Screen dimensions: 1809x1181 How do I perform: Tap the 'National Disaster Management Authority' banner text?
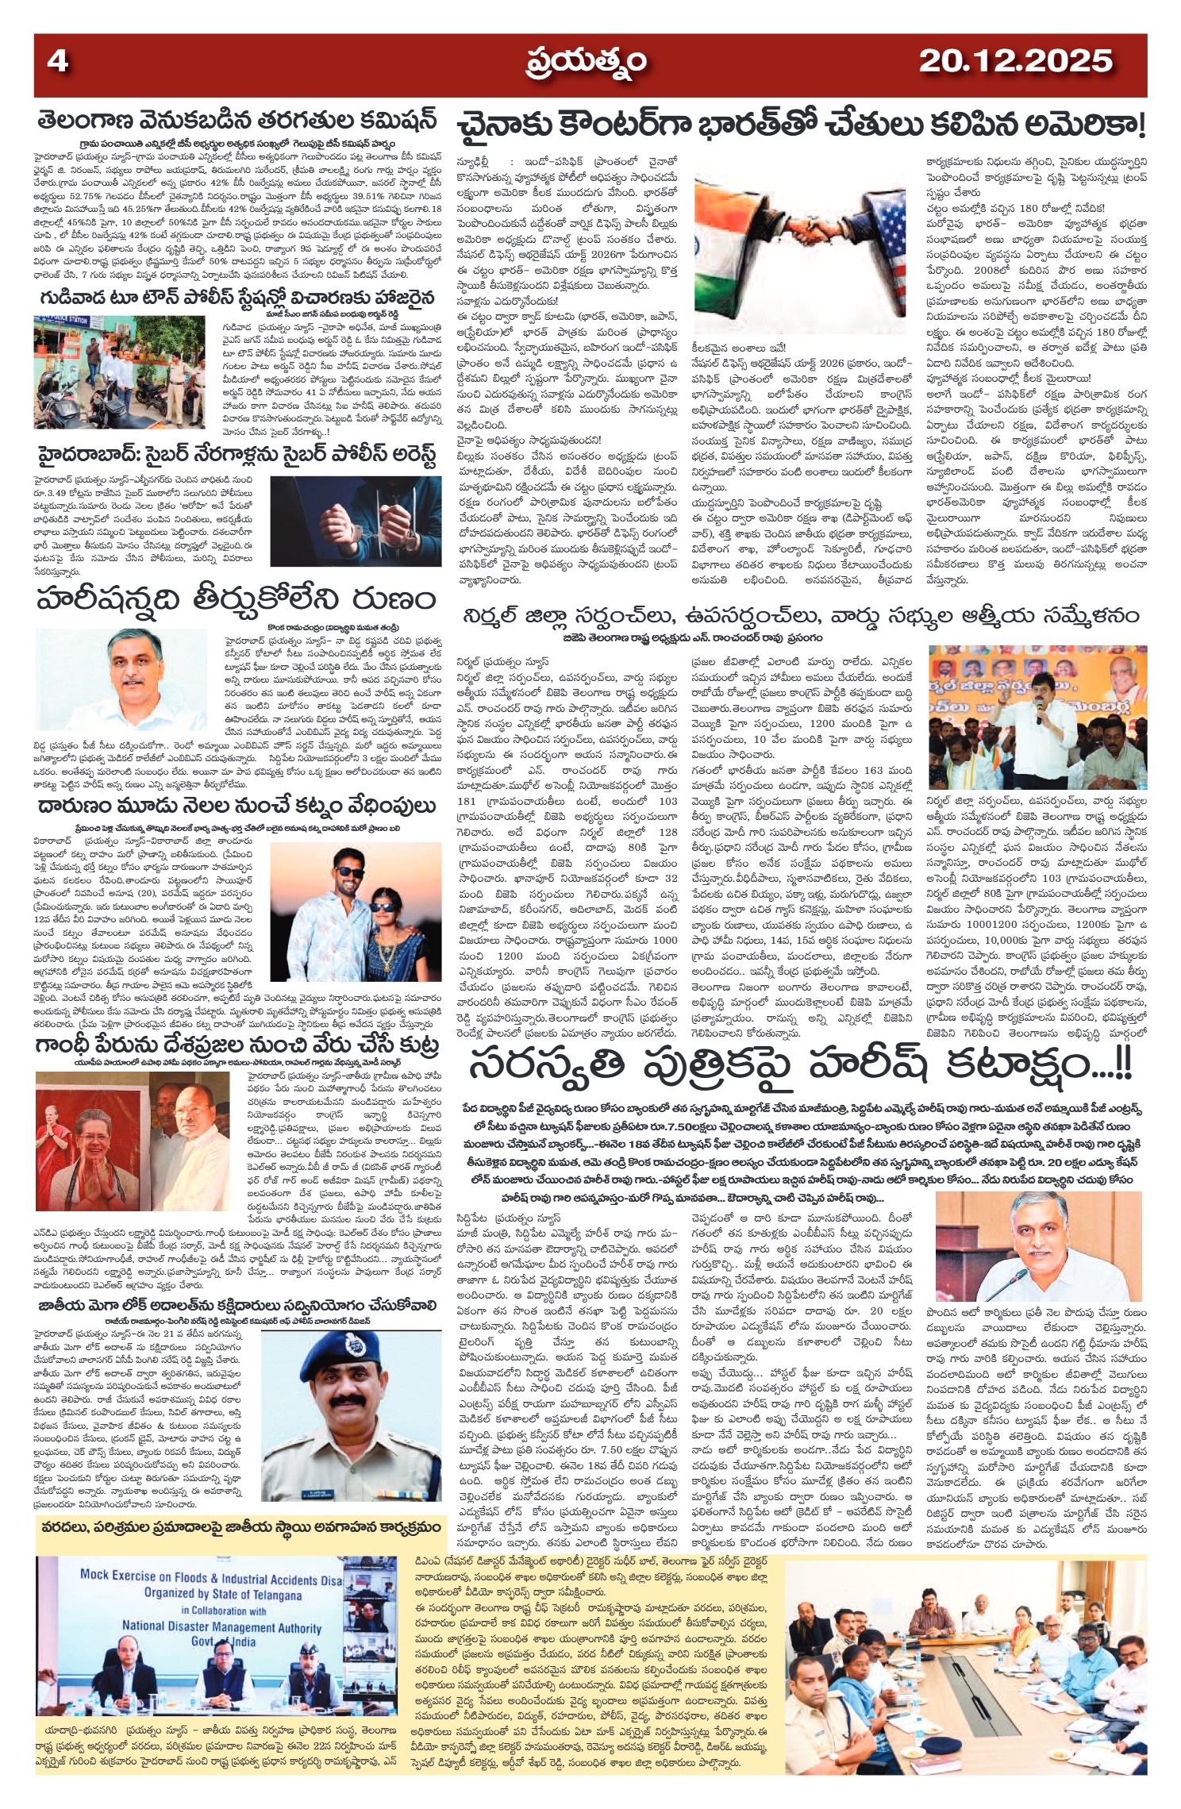click(221, 1627)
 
